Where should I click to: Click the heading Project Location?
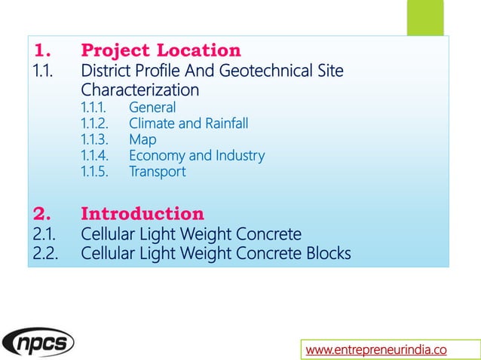(x=161, y=51)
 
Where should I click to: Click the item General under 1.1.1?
(x=152, y=108)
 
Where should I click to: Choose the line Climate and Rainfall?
(x=188, y=124)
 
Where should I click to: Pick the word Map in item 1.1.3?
(x=142, y=139)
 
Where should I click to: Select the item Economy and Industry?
(x=197, y=156)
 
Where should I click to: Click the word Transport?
(x=157, y=172)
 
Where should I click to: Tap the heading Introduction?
(x=142, y=213)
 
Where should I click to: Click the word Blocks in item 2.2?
(x=327, y=253)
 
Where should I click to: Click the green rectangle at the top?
(x=424, y=17)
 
